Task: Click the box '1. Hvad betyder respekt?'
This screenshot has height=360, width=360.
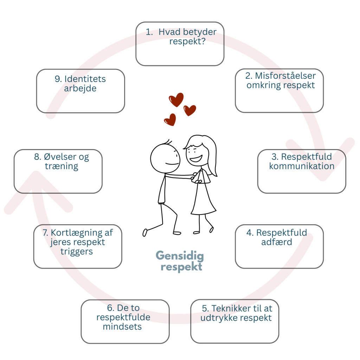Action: (x=180, y=44)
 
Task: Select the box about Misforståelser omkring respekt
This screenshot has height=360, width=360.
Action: (x=279, y=91)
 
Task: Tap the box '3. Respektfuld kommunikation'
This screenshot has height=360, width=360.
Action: (x=302, y=172)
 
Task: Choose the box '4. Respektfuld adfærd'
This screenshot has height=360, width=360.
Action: (x=279, y=246)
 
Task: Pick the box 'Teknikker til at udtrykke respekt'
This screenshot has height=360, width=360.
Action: (x=235, y=321)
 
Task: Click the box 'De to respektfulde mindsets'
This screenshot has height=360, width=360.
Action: (x=125, y=321)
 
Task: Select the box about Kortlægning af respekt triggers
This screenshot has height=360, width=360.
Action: (x=78, y=246)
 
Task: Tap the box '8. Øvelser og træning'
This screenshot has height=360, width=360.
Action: (x=58, y=172)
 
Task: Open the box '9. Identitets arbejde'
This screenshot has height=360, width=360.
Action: (x=81, y=91)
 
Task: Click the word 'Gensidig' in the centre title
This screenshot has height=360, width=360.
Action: (x=180, y=256)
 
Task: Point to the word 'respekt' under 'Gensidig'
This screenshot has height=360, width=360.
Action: (x=181, y=267)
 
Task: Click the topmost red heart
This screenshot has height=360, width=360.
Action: (x=176, y=99)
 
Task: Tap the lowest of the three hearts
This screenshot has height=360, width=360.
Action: (x=170, y=120)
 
